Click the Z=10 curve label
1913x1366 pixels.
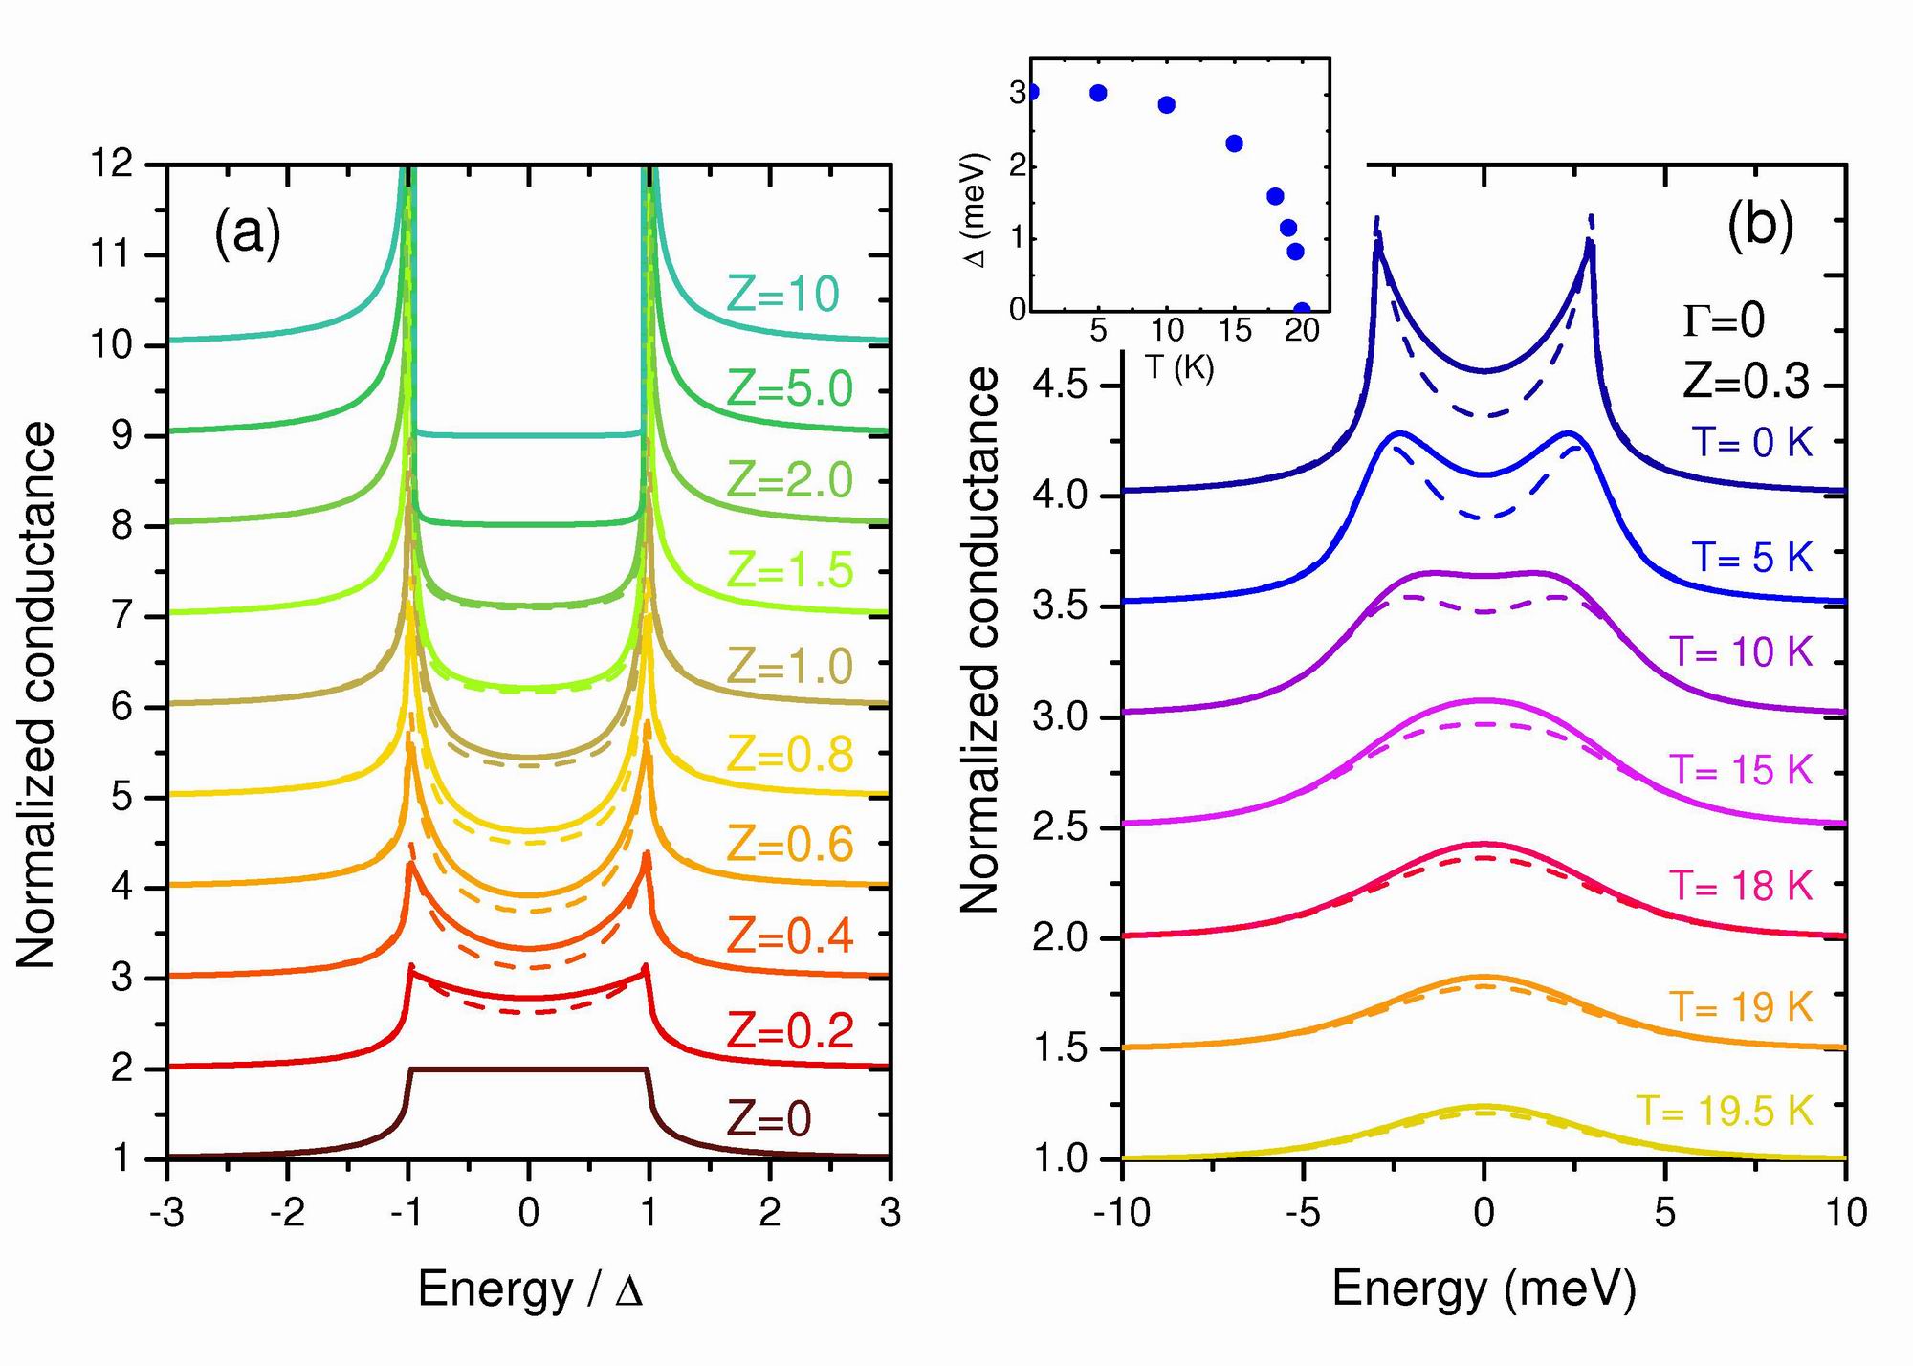coord(783,294)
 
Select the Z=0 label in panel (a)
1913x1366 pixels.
coord(769,1118)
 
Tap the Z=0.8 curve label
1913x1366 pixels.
coord(790,755)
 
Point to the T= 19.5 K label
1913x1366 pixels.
coord(1725,1111)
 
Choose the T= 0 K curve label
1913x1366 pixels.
coord(1752,443)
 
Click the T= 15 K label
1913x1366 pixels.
coord(1741,769)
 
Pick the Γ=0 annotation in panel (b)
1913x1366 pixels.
coord(1724,321)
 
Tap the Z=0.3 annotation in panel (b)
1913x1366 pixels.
coord(1747,382)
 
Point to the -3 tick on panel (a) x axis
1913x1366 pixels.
coord(166,1213)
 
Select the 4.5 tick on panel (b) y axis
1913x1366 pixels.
coord(1063,386)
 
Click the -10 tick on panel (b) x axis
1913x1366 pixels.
coord(1122,1213)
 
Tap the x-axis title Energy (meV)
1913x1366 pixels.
coord(1484,1289)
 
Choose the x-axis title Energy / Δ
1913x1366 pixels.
coord(530,1289)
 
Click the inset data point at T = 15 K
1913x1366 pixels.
coord(1234,143)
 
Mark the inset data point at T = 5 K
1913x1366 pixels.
coord(1098,93)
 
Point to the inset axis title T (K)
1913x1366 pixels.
coord(1179,367)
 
